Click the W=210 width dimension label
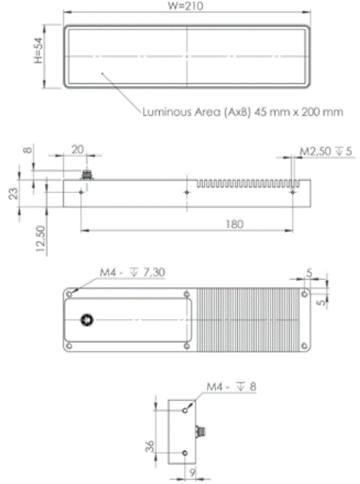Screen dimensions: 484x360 pyautogui.click(x=187, y=6)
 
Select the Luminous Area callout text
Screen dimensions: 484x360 pyautogui.click(x=242, y=112)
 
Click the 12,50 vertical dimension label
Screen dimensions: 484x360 pyautogui.click(x=41, y=238)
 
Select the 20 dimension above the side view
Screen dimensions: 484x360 pyautogui.click(x=78, y=150)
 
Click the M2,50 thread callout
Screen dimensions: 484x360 pyautogui.click(x=326, y=152)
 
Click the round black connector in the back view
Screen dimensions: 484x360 pyautogui.click(x=85, y=320)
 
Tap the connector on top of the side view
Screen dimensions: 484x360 pyautogui.click(x=85, y=174)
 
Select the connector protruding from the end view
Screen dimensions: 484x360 pyautogui.click(x=202, y=431)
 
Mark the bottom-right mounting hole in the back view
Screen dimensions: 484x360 pyautogui.click(x=304, y=346)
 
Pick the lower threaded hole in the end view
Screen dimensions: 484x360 pyautogui.click(x=186, y=452)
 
